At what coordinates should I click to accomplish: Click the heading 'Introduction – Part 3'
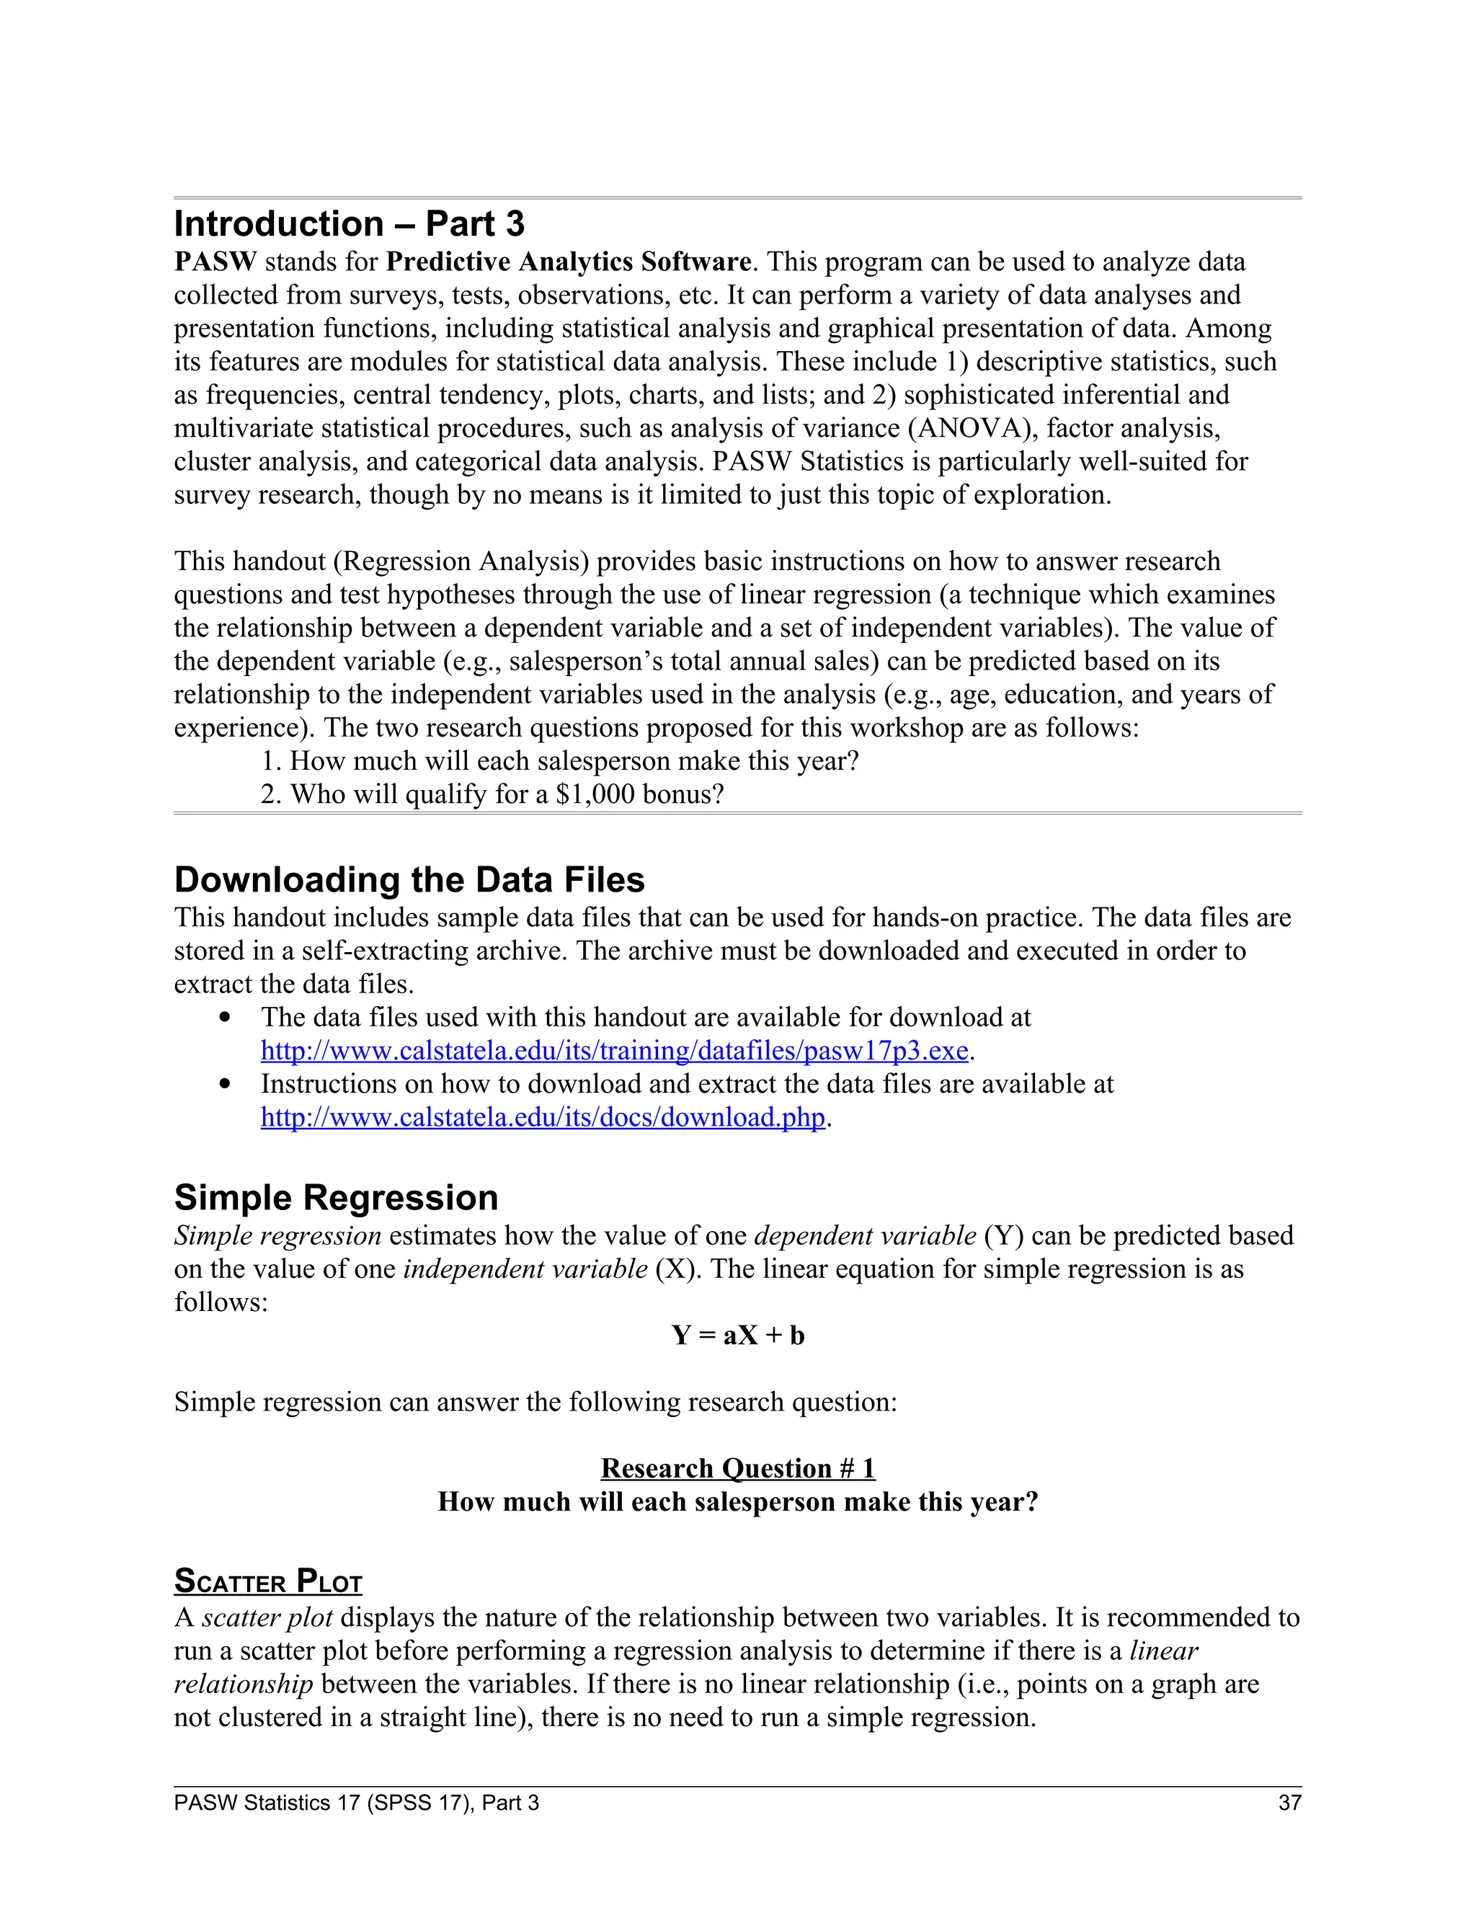click(x=349, y=224)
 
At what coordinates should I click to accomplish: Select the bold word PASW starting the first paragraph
click(x=215, y=262)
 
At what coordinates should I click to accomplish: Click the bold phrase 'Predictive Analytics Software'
click(x=569, y=262)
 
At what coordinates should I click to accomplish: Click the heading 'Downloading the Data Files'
click(x=409, y=880)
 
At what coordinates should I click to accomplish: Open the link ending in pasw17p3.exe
click(x=614, y=1051)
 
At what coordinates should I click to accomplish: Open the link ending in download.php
click(x=542, y=1118)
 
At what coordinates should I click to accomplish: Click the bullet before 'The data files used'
click(x=226, y=1018)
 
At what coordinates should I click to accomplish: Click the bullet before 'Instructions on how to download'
click(x=226, y=1085)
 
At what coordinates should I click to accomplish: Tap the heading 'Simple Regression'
click(x=336, y=1197)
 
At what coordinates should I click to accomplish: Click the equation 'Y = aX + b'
click(x=737, y=1336)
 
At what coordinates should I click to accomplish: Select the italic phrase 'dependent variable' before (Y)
click(x=864, y=1235)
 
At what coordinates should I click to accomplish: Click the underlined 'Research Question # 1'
click(x=737, y=1468)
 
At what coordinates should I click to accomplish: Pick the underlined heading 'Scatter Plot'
click(x=267, y=1581)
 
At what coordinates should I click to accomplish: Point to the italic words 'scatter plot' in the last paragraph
click(x=267, y=1618)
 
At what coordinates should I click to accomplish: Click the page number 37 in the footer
click(x=1289, y=1803)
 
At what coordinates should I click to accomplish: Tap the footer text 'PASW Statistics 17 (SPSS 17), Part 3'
click(x=356, y=1803)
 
